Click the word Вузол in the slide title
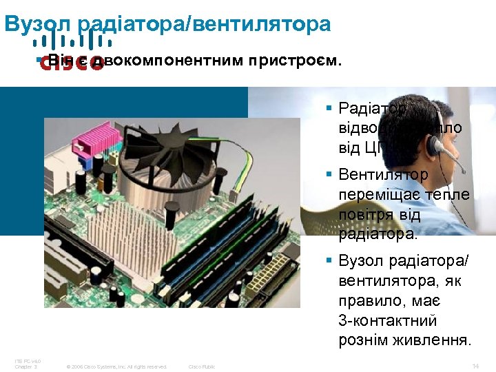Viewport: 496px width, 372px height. tap(38, 24)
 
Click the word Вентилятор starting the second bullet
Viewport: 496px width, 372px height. tap(383, 176)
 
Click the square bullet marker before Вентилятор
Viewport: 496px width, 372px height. tap(330, 176)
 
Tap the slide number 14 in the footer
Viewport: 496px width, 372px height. tap(476, 366)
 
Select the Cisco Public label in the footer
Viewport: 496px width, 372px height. tap(201, 366)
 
